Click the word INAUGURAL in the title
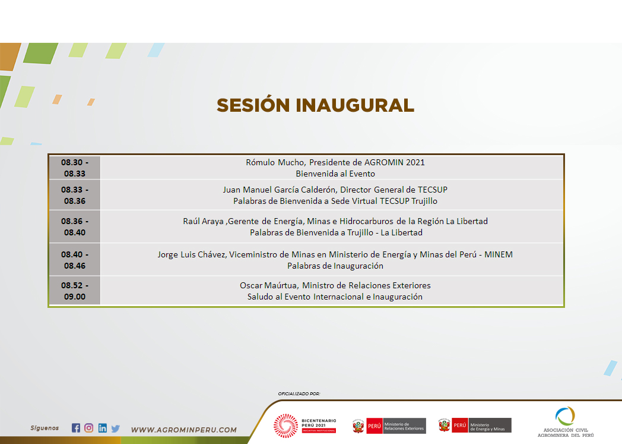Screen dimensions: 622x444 [x=355, y=105]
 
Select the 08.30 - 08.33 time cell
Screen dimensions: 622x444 [x=75, y=168]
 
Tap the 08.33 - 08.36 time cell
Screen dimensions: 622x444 [x=75, y=195]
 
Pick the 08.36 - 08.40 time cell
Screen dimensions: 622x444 [x=75, y=226]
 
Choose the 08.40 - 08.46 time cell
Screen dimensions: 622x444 [x=75, y=260]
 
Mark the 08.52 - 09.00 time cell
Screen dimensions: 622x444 [x=75, y=291]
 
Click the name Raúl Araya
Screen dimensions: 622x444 [x=203, y=221]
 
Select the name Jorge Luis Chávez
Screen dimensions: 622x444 [x=192, y=254]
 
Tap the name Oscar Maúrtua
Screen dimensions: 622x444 [x=268, y=285]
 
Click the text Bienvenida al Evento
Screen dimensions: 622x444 [x=335, y=174]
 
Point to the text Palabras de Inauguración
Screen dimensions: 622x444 [x=335, y=266]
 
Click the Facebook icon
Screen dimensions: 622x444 [x=76, y=428]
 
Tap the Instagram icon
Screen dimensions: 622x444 [x=89, y=428]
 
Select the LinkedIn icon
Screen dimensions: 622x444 [x=102, y=428]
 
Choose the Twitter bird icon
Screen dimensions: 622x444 [x=115, y=429]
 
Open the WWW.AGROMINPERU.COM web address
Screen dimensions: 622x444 [x=183, y=430]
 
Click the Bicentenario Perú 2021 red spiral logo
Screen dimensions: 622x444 [x=285, y=426]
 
